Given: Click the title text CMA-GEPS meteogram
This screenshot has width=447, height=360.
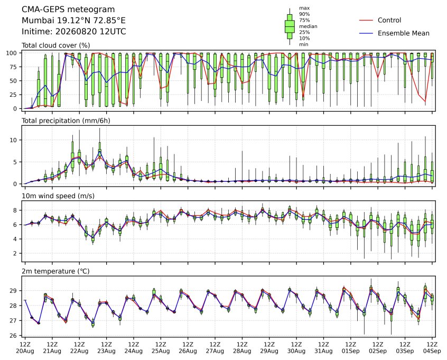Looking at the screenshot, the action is pyautogui.click(x=68, y=10).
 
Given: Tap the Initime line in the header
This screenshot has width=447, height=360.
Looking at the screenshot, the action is pyautogui.click(x=74, y=31).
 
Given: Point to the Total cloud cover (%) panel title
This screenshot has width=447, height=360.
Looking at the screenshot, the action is pyautogui.click(x=56, y=45).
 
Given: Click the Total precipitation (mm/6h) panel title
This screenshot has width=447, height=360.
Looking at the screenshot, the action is pyautogui.click(x=66, y=121).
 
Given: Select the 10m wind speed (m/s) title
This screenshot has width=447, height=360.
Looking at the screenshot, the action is pyautogui.click(x=58, y=196).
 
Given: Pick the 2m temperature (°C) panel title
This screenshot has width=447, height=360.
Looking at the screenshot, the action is pyautogui.click(x=55, y=271).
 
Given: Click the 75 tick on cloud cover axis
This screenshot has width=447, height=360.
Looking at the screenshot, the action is pyautogui.click(x=14, y=67).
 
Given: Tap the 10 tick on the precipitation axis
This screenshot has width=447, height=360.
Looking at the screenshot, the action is pyautogui.click(x=14, y=140).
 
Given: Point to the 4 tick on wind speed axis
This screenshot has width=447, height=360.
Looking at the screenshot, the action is pyautogui.click(x=16, y=239).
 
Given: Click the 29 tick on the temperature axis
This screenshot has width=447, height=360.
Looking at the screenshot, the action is pyautogui.click(x=14, y=291).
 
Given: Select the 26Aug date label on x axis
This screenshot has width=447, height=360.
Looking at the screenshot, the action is pyautogui.click(x=188, y=351).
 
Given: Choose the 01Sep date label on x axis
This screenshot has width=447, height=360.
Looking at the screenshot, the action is pyautogui.click(x=351, y=351).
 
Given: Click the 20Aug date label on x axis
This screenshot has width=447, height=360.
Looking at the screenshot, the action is pyautogui.click(x=25, y=351).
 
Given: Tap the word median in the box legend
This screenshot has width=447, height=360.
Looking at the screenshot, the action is pyautogui.click(x=308, y=26).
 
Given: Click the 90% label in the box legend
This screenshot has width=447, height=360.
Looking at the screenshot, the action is pyautogui.click(x=304, y=14).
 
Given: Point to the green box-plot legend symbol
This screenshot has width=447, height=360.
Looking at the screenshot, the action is pyautogui.click(x=290, y=26).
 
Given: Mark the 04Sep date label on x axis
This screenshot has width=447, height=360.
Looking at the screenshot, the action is pyautogui.click(x=432, y=351).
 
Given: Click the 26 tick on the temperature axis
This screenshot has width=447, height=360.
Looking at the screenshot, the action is pyautogui.click(x=14, y=336).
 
